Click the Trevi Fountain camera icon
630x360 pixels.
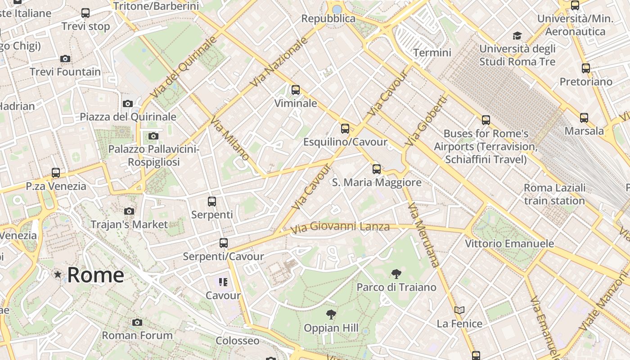click(x=65, y=58)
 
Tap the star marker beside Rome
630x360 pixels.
click(x=58, y=274)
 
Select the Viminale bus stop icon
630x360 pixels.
click(x=296, y=90)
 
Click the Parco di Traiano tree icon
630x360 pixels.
click(x=396, y=274)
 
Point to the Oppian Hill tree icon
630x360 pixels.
click(x=331, y=315)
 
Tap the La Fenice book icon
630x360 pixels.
click(x=459, y=310)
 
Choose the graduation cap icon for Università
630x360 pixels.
click(x=517, y=36)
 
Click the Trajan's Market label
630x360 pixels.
click(x=129, y=224)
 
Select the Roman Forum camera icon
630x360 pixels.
click(x=137, y=322)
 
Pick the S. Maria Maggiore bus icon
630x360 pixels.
click(x=377, y=169)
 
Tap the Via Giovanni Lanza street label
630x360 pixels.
click(x=340, y=227)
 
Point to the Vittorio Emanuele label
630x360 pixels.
click(x=509, y=243)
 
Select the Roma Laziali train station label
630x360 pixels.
click(x=555, y=194)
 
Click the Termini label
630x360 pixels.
click(x=432, y=53)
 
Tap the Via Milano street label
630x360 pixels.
click(x=230, y=139)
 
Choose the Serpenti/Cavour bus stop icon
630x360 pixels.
click(x=224, y=243)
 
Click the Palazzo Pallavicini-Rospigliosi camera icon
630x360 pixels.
click(x=153, y=136)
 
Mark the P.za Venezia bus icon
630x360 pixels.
click(x=56, y=172)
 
